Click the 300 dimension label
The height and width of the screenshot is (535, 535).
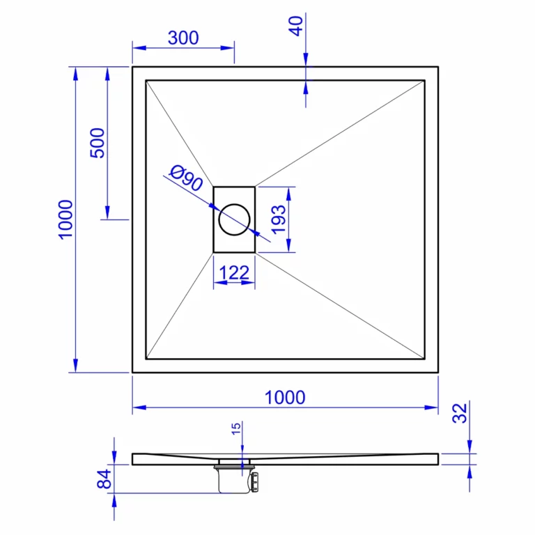pos(183,38)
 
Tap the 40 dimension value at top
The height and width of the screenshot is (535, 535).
pos(296,26)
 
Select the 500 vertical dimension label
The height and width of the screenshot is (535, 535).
pos(98,143)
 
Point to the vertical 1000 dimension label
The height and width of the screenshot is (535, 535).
pos(65,219)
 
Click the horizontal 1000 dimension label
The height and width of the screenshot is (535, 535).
pos(285,398)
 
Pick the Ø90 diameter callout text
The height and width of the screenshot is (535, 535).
pos(186,178)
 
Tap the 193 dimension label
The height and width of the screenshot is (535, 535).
pos(279,219)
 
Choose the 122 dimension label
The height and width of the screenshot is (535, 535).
pos(234,272)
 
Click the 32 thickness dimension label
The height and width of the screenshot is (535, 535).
pos(460,413)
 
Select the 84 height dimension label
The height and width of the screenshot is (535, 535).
pos(104,479)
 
